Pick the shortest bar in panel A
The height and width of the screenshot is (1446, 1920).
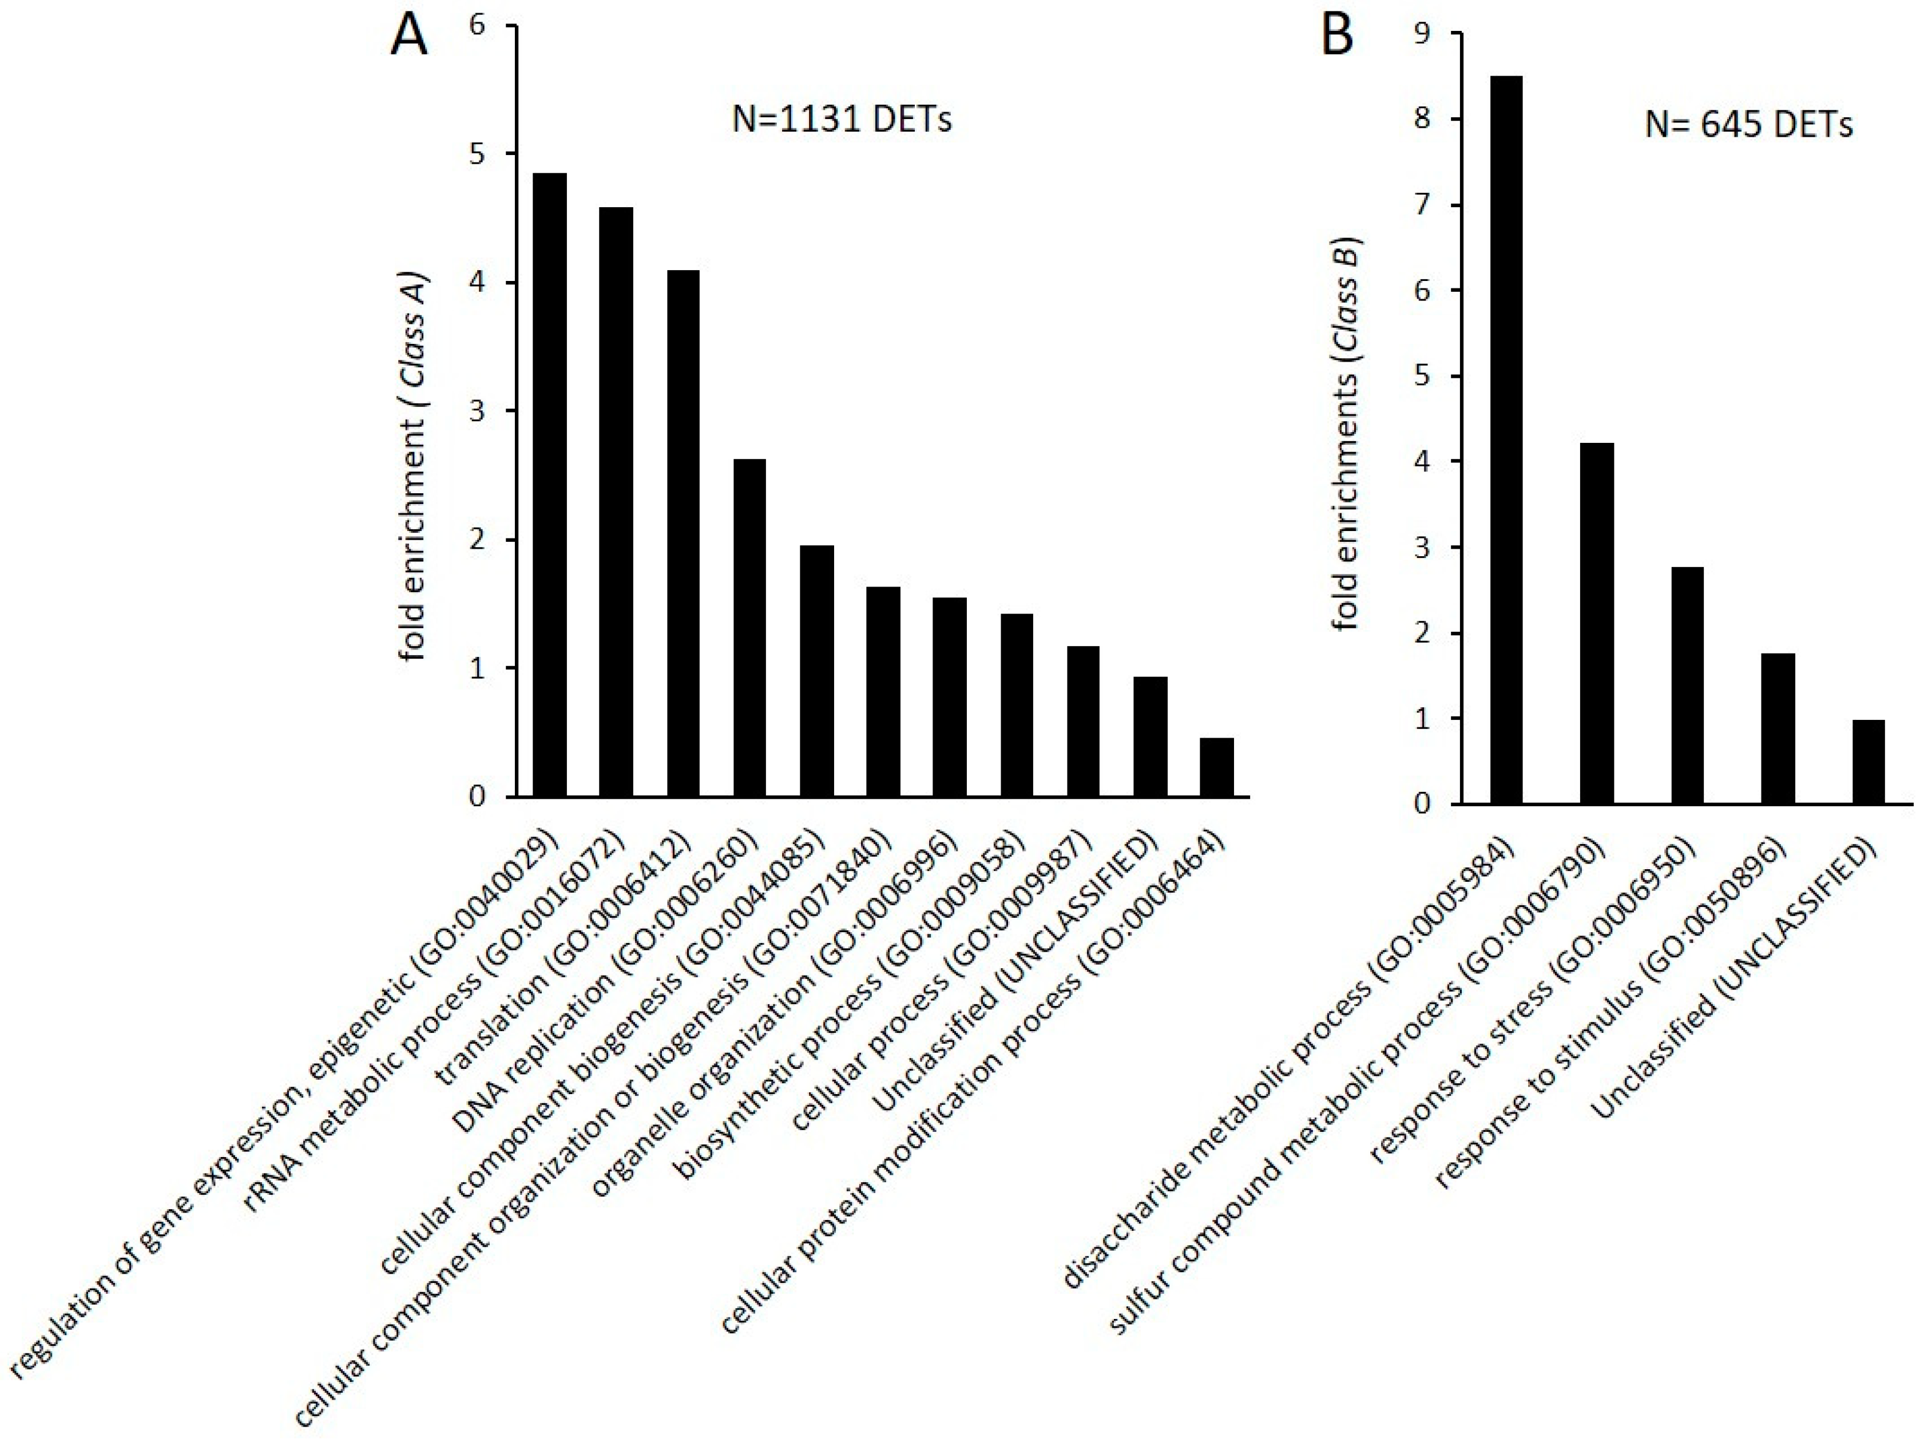click(1216, 767)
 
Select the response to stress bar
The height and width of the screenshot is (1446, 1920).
click(1687, 686)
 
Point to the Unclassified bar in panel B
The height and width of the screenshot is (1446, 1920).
click(1868, 762)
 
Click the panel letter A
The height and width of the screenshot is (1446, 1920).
click(409, 37)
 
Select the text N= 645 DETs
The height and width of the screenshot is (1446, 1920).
click(1748, 125)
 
